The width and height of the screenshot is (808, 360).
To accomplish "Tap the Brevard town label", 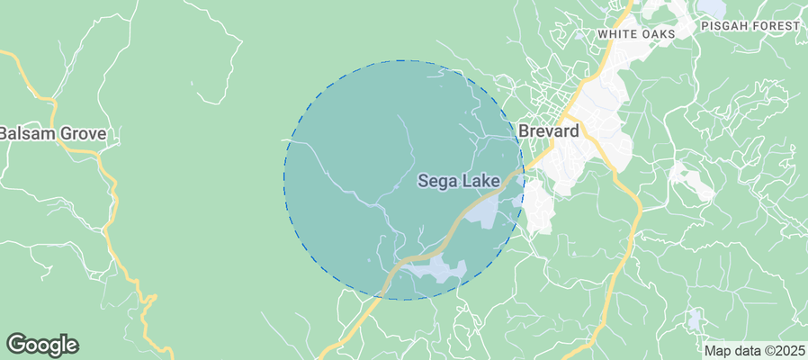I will point(548,130).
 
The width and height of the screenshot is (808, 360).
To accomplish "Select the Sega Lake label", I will point(459,181).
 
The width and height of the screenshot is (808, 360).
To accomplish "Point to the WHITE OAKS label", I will point(635,33).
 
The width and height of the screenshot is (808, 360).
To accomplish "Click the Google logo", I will point(42,345).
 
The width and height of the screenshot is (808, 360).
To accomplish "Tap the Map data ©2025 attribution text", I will point(754,350).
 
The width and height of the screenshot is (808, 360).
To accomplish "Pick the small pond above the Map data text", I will point(694,319).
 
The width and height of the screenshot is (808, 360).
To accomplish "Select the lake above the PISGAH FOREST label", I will point(711,6).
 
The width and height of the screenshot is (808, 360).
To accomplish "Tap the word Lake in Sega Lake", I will point(481,181).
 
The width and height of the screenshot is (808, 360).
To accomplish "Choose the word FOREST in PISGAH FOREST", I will point(776,26).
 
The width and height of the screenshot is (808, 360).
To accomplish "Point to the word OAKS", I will point(658,33).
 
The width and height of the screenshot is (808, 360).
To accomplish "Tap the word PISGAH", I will point(730,26).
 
